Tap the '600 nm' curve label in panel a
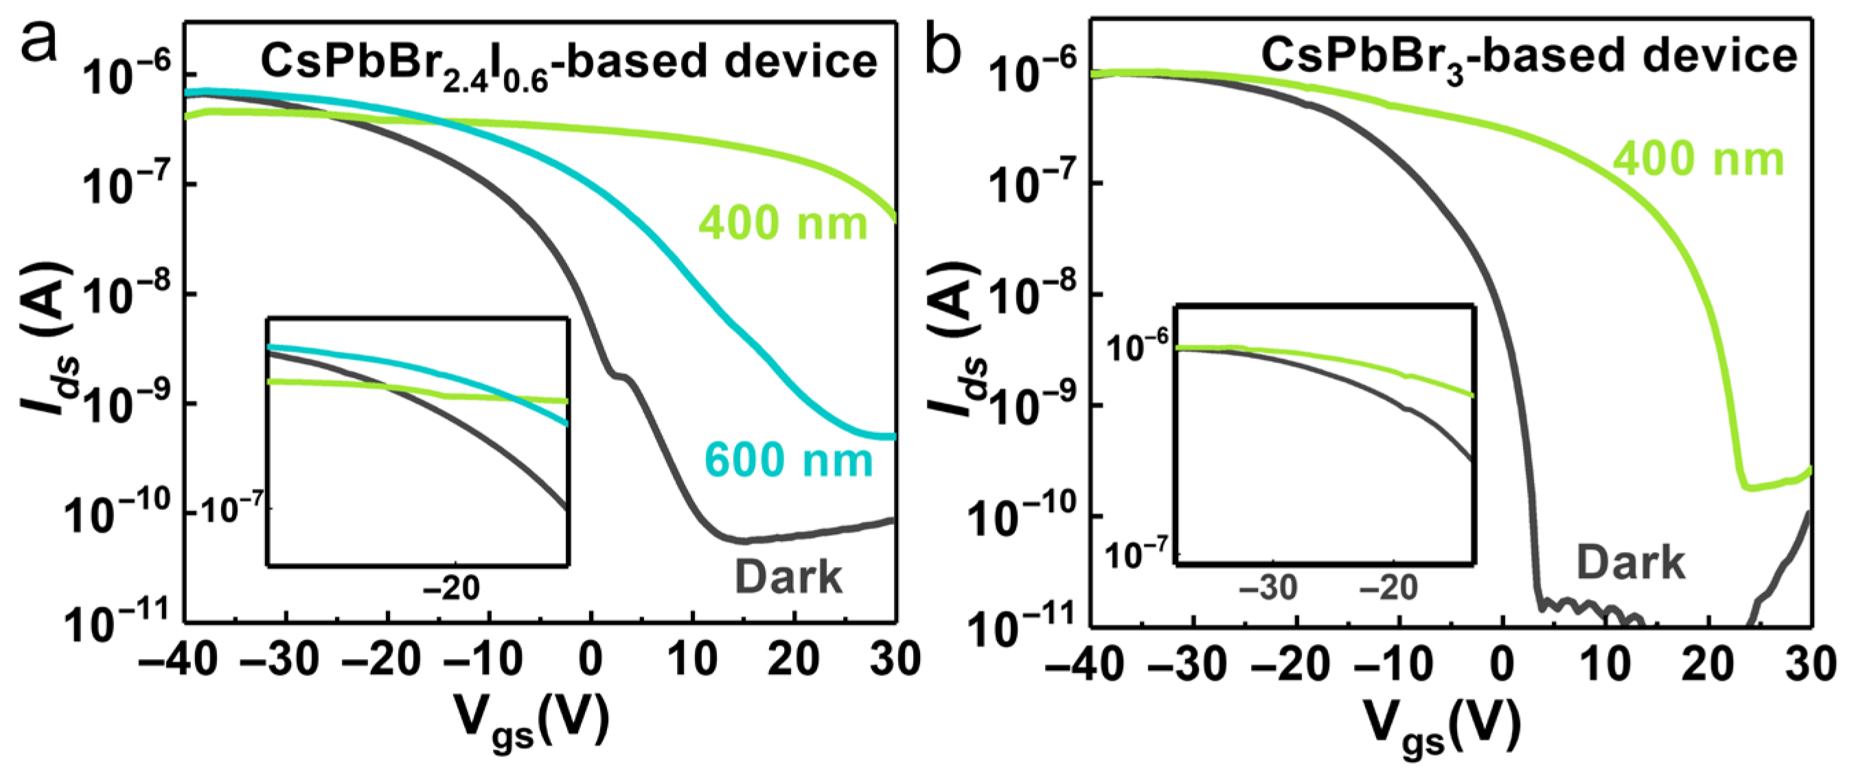coord(788,460)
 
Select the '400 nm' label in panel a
coord(783,222)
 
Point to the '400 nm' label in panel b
coord(1698,159)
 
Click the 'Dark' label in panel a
coord(788,577)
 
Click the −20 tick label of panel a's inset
coord(451,588)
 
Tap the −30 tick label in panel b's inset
coord(1268,588)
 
